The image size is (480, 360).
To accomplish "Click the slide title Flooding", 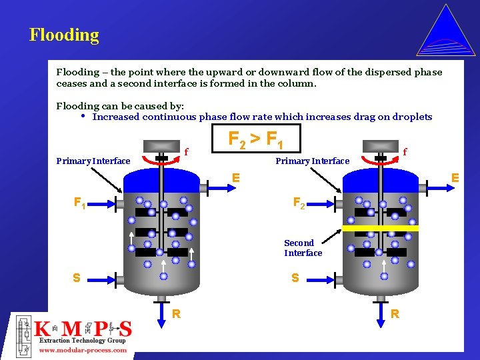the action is [x=64, y=35].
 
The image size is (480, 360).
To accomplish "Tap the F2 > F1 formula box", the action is [x=256, y=139].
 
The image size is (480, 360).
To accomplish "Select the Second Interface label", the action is [x=303, y=248].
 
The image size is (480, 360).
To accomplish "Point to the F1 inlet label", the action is [x=79, y=202].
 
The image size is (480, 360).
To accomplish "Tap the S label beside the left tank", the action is [x=76, y=278].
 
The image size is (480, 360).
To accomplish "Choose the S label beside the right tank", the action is [x=295, y=277].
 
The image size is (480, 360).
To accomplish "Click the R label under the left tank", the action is [x=176, y=313].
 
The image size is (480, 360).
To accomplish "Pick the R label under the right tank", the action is [x=395, y=313].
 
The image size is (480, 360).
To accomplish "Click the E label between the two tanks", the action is [x=236, y=178].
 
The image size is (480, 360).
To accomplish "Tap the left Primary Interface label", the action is [x=93, y=161].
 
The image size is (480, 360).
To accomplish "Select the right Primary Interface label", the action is [x=313, y=161].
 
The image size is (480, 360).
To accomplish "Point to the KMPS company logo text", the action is [x=83, y=329].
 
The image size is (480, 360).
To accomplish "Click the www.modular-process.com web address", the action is [x=83, y=350].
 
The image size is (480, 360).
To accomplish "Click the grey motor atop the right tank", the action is [x=381, y=147].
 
